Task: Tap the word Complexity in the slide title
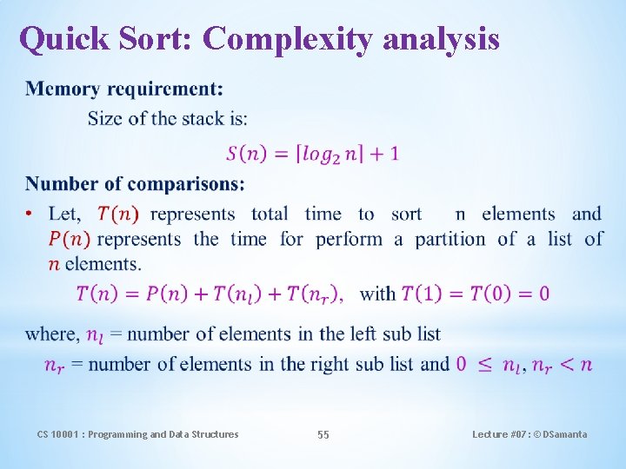tap(286, 38)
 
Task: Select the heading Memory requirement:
tap(124, 89)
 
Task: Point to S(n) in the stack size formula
tap(245, 155)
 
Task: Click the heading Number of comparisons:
tap(135, 183)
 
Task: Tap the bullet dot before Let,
tap(30, 215)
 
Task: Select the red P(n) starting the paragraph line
tap(69, 239)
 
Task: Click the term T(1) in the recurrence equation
tap(423, 294)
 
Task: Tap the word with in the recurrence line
tap(377, 294)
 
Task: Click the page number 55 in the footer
tap(323, 434)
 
